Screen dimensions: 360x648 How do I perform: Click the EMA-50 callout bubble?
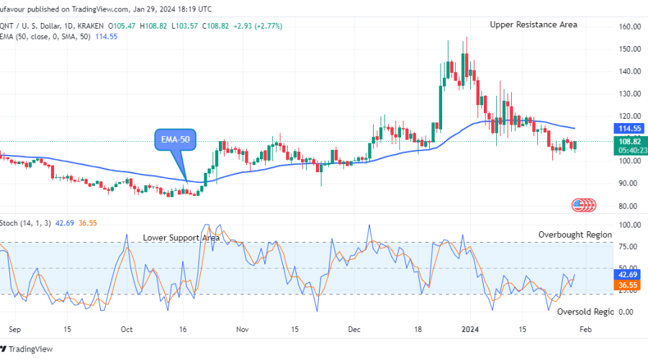click(x=176, y=140)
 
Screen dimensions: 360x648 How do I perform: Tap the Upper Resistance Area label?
click(x=534, y=24)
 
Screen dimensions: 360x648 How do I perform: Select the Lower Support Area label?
click(x=181, y=237)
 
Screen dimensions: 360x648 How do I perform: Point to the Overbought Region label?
click(x=575, y=234)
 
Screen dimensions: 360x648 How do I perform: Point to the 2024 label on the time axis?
click(x=470, y=329)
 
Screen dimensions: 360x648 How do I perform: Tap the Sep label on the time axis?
click(x=13, y=329)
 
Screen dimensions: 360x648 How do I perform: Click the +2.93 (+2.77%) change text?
click(x=257, y=26)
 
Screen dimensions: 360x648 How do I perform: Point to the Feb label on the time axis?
click(x=586, y=329)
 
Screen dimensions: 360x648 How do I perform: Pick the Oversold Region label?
click(x=584, y=311)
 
